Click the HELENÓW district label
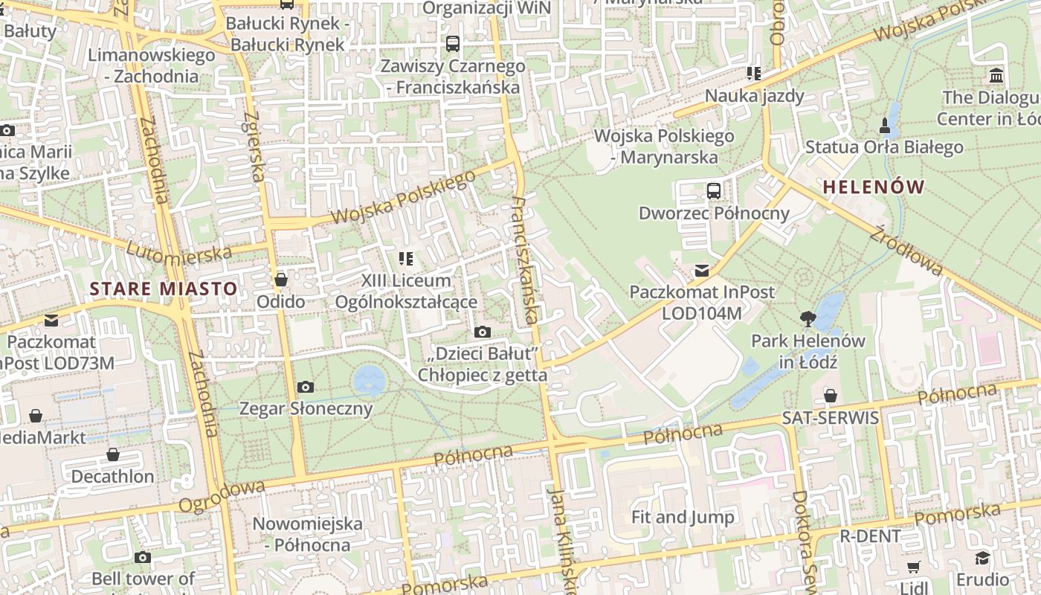pos(874,187)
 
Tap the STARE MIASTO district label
pos(164,289)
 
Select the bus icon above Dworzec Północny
pos(714,190)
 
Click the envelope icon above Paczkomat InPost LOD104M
pos(701,270)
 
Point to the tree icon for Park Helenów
pos(808,319)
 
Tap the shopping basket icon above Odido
pos(281,280)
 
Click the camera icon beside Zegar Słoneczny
pos(305,387)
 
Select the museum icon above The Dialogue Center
pos(996,75)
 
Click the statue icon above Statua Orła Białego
pos(884,124)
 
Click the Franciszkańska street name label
pos(526,260)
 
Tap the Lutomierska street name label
pos(179,252)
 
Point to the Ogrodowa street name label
pos(222,496)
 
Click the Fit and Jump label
pos(682,517)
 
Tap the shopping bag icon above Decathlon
pos(113,454)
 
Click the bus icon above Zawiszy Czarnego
pos(453,44)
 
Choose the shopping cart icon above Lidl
pos(913,567)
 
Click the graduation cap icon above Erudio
pos(983,558)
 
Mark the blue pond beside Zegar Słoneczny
pos(369,380)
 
